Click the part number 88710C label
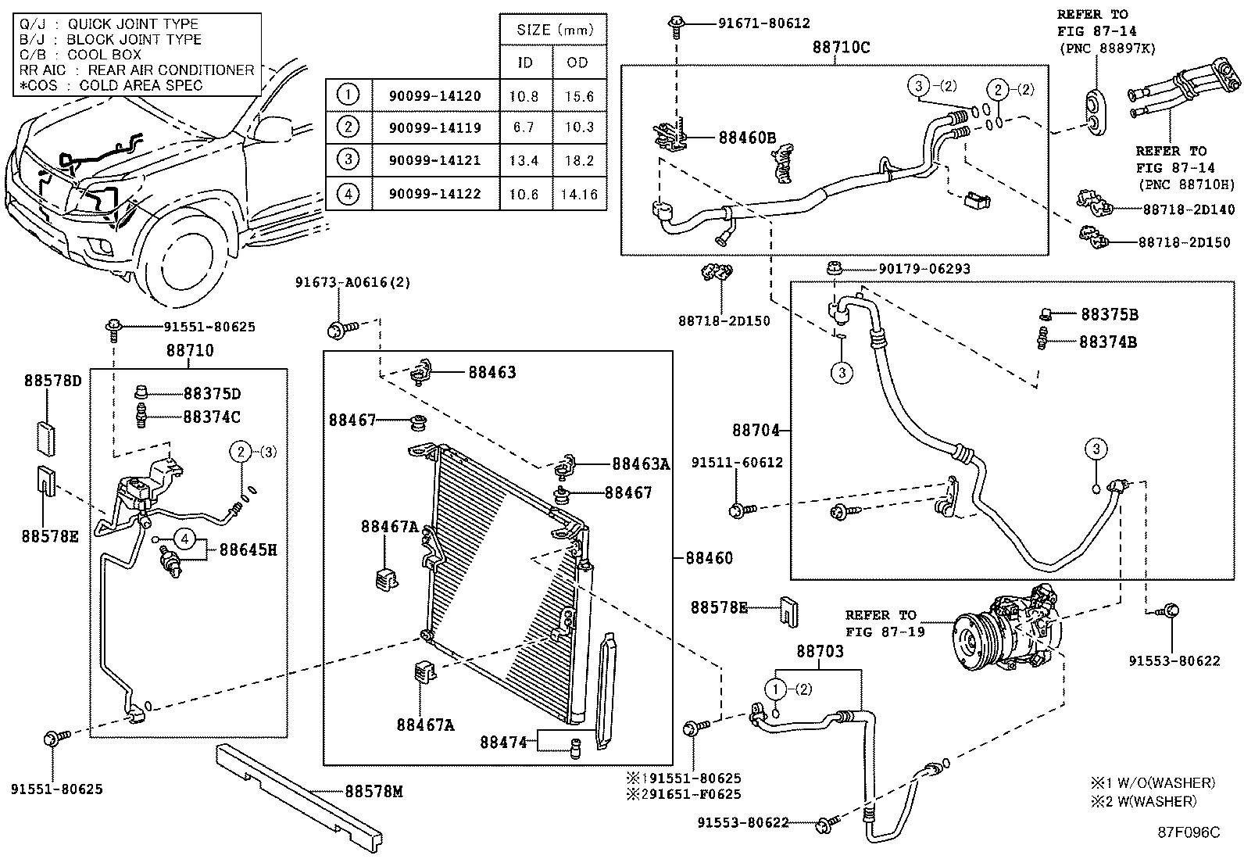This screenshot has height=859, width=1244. click(x=841, y=47)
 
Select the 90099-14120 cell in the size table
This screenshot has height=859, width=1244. click(x=434, y=96)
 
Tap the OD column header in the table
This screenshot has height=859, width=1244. click(x=577, y=63)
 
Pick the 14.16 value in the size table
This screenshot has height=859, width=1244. click(x=579, y=194)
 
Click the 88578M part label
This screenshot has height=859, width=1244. click(x=374, y=791)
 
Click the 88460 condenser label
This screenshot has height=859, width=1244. click(x=710, y=558)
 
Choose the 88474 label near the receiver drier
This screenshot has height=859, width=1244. click(x=503, y=742)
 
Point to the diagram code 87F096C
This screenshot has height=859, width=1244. click(x=1189, y=832)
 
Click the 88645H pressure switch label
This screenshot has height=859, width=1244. click(x=248, y=549)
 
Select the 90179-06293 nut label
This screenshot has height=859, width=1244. click(x=924, y=269)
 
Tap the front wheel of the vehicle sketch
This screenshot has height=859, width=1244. click(x=187, y=259)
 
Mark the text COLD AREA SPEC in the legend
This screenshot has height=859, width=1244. click(x=141, y=85)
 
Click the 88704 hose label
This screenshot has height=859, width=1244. click(x=756, y=430)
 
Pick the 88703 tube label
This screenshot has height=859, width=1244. click(x=820, y=650)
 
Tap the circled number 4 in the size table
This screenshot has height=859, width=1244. click(x=349, y=194)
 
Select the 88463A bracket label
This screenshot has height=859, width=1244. click(x=641, y=464)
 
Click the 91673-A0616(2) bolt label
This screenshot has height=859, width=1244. click(x=352, y=282)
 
